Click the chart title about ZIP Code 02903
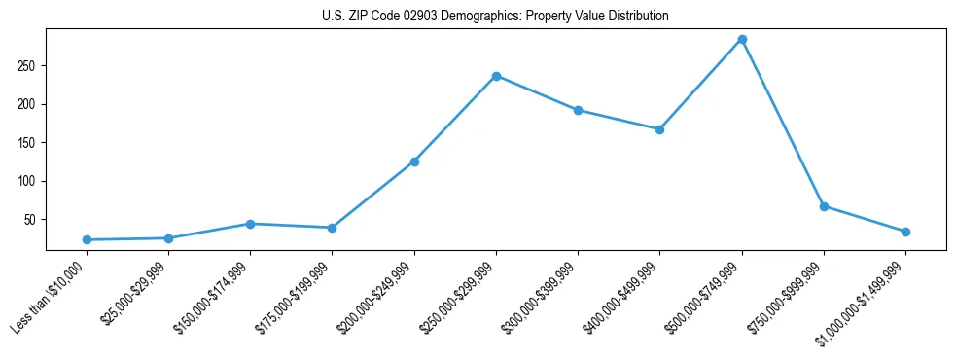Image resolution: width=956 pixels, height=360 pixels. click(495, 17)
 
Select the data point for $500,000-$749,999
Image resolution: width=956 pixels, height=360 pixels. click(742, 40)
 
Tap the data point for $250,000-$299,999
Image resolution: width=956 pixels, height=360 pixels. click(496, 76)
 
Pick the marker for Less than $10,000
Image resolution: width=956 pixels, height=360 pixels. click(88, 239)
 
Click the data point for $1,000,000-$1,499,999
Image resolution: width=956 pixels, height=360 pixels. click(905, 232)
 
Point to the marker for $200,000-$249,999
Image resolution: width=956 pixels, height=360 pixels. click(414, 162)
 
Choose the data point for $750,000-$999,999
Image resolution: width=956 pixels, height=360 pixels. click(824, 206)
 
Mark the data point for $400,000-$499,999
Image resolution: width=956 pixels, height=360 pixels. click(659, 129)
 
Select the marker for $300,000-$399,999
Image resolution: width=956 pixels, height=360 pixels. click(578, 110)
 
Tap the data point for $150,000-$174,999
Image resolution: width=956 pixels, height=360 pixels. click(251, 224)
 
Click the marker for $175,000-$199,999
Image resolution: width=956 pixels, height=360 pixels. click(333, 228)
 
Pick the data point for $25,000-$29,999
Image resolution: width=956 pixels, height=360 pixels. click(169, 238)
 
